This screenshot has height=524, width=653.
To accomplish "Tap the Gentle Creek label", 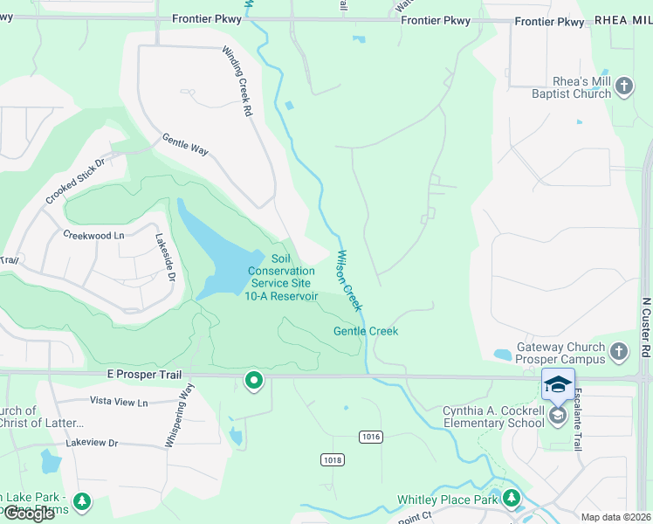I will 365,331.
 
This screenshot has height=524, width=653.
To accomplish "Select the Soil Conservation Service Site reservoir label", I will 281,278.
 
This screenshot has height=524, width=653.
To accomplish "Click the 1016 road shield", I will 370,435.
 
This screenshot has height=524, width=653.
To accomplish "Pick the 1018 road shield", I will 332,460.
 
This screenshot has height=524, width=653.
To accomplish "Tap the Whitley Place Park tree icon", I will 511,500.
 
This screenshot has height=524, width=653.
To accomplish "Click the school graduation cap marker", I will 558,384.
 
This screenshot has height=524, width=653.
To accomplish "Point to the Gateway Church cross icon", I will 618,352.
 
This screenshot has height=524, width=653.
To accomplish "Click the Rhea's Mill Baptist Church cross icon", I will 623,86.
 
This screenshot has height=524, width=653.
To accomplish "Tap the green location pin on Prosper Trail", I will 254,381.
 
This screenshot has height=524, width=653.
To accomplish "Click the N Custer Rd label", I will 646,327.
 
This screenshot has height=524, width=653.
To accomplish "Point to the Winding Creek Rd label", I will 237,82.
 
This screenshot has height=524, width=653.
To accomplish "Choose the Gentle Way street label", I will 185,145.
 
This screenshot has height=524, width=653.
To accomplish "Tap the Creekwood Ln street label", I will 93,235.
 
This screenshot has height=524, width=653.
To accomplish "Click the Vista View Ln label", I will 119,402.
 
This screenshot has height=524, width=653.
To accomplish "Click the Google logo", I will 29,514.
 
